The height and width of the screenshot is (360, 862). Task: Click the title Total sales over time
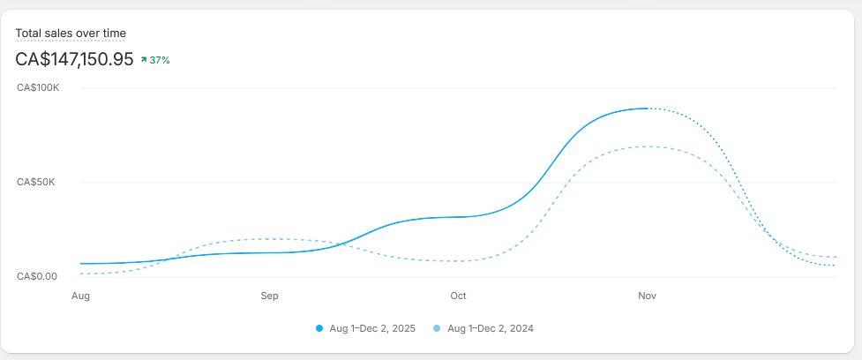click(71, 33)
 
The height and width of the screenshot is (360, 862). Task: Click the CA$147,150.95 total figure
click(74, 59)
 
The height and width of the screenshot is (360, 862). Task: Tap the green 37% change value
click(160, 61)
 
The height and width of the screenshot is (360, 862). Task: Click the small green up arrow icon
click(144, 60)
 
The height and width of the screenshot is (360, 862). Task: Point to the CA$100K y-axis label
click(38, 87)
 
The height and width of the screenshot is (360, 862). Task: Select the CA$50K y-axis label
click(36, 182)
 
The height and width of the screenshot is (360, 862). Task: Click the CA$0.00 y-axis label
click(37, 276)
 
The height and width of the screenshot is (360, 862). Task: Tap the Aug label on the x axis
click(81, 296)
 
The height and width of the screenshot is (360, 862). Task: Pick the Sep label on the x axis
click(269, 296)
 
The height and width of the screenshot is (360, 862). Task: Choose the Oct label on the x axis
click(458, 296)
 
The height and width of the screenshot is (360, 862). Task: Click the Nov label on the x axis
click(647, 296)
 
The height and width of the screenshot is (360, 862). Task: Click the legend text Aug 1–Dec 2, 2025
click(372, 328)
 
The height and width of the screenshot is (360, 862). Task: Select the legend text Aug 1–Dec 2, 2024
click(491, 328)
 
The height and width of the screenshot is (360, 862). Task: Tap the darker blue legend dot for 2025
click(319, 328)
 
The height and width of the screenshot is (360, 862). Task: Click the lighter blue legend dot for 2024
click(438, 328)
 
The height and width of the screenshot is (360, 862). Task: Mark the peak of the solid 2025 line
click(648, 109)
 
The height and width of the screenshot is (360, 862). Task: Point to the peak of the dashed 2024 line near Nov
click(648, 146)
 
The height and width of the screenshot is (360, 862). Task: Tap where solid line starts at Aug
click(81, 264)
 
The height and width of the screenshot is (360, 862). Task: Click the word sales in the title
click(61, 33)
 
